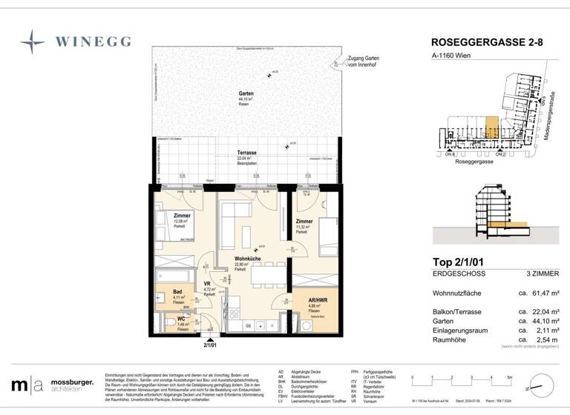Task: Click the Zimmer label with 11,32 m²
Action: [x=303, y=221]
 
